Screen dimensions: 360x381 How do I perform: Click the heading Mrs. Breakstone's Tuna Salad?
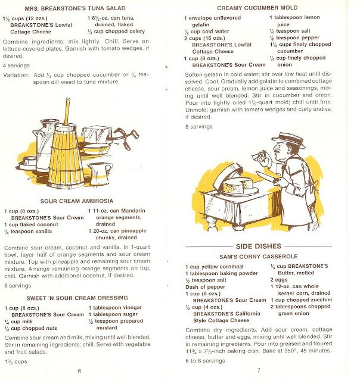[75, 8]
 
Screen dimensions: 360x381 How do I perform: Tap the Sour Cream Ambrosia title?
[77, 201]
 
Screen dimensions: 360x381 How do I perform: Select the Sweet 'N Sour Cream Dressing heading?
[77, 298]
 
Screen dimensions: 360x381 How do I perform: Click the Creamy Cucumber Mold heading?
[257, 8]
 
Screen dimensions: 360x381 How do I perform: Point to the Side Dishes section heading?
[258, 246]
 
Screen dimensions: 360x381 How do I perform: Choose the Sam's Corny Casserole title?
[258, 257]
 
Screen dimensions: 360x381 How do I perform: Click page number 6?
[79, 371]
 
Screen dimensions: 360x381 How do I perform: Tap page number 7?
[259, 370]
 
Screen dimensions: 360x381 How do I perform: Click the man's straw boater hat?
[288, 140]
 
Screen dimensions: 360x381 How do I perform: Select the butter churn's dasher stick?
[67, 111]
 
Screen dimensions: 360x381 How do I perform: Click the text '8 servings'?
[198, 127]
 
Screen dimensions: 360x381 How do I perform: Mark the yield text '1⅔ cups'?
[16, 361]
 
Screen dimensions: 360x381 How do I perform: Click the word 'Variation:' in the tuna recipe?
[16, 75]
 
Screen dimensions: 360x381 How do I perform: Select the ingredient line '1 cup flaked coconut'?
[31, 224]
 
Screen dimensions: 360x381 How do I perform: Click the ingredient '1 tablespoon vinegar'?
[115, 308]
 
